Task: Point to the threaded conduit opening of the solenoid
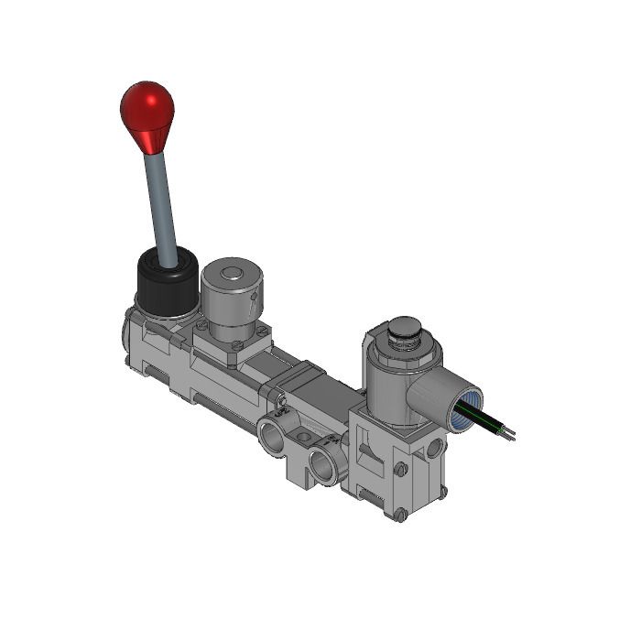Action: point(468,408)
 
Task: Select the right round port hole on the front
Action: point(325,464)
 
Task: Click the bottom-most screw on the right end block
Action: point(400,515)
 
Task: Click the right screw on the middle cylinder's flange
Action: point(263,331)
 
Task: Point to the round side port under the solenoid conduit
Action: point(433,449)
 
